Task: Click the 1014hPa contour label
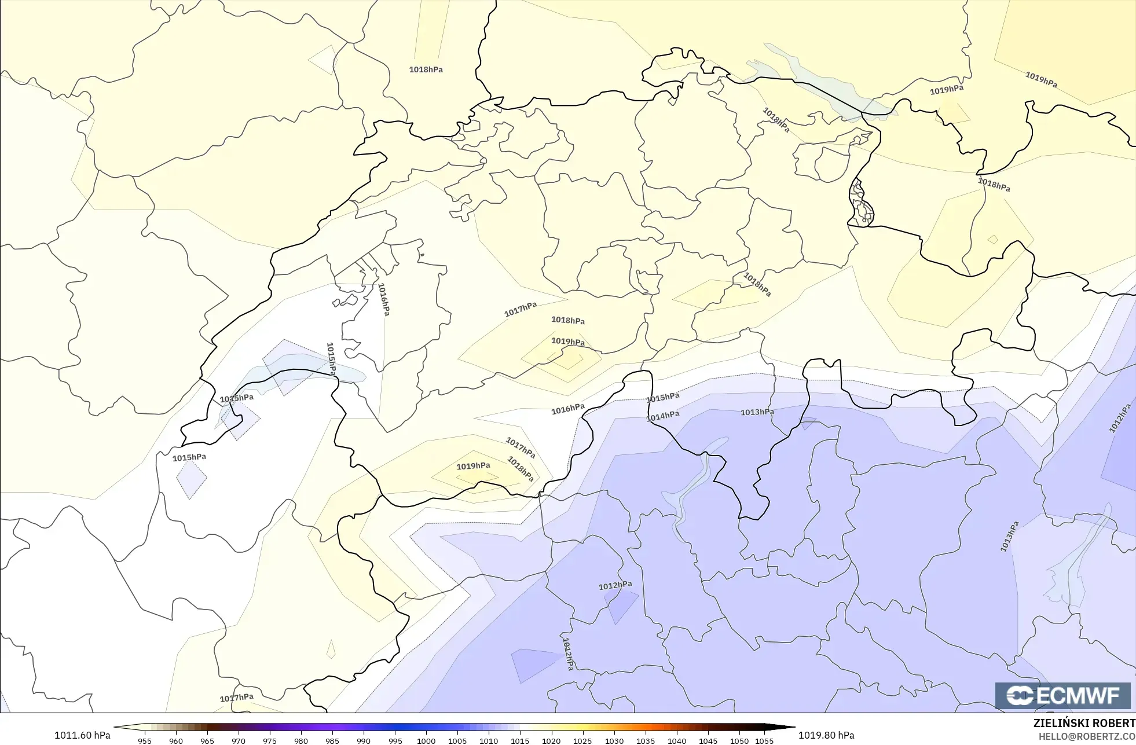(663, 416)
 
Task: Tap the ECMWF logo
(1062, 695)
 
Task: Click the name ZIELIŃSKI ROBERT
(1084, 723)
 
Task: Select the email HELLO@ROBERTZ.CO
(1086, 736)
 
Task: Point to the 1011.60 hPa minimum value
(82, 735)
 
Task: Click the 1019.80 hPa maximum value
(826, 735)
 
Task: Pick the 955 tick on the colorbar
(145, 740)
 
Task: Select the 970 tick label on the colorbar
(239, 740)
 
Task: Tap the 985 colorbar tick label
(332, 740)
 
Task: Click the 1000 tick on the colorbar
(426, 740)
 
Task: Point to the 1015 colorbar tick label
(520, 740)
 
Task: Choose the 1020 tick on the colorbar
(551, 740)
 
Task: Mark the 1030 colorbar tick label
(614, 740)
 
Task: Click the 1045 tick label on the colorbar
(708, 740)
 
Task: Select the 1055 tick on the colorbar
(764, 740)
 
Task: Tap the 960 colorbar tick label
(176, 740)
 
